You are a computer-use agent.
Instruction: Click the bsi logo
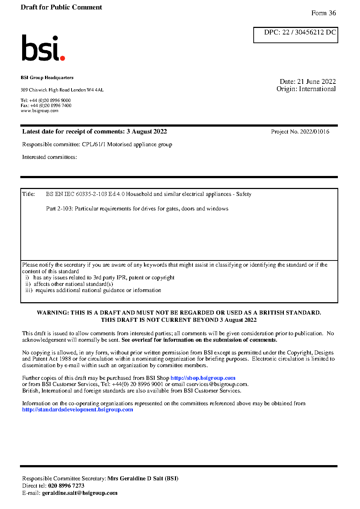pyautogui.click(x=43, y=48)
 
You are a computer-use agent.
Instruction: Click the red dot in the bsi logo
pyautogui.click(x=62, y=58)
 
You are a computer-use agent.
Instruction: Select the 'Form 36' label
pyautogui.click(x=323, y=13)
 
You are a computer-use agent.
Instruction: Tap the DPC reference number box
pyautogui.click(x=295, y=35)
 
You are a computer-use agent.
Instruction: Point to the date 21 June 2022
pyautogui.click(x=316, y=82)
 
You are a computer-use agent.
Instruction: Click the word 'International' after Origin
pyautogui.click(x=317, y=89)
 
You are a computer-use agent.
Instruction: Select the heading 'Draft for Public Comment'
pyautogui.click(x=61, y=7)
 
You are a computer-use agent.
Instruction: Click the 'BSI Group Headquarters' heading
pyautogui.click(x=47, y=78)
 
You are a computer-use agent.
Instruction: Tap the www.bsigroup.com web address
pyautogui.click(x=40, y=111)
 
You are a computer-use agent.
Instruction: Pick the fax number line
pyautogui.click(x=46, y=106)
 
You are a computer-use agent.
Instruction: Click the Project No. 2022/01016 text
pyautogui.click(x=300, y=132)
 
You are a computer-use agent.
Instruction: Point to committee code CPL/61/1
pyautogui.click(x=94, y=144)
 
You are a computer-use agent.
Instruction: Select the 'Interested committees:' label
pyautogui.click(x=49, y=157)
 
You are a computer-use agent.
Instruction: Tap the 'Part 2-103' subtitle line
pyautogui.click(x=137, y=209)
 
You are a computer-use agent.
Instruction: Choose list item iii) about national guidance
pyautogui.click(x=93, y=290)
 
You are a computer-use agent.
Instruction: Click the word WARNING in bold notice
pyautogui.click(x=53, y=313)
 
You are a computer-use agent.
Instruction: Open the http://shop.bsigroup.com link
pyautogui.click(x=203, y=378)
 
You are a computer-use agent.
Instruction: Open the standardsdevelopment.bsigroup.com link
pyautogui.click(x=78, y=410)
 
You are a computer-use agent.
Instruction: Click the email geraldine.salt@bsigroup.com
pyautogui.click(x=80, y=493)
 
